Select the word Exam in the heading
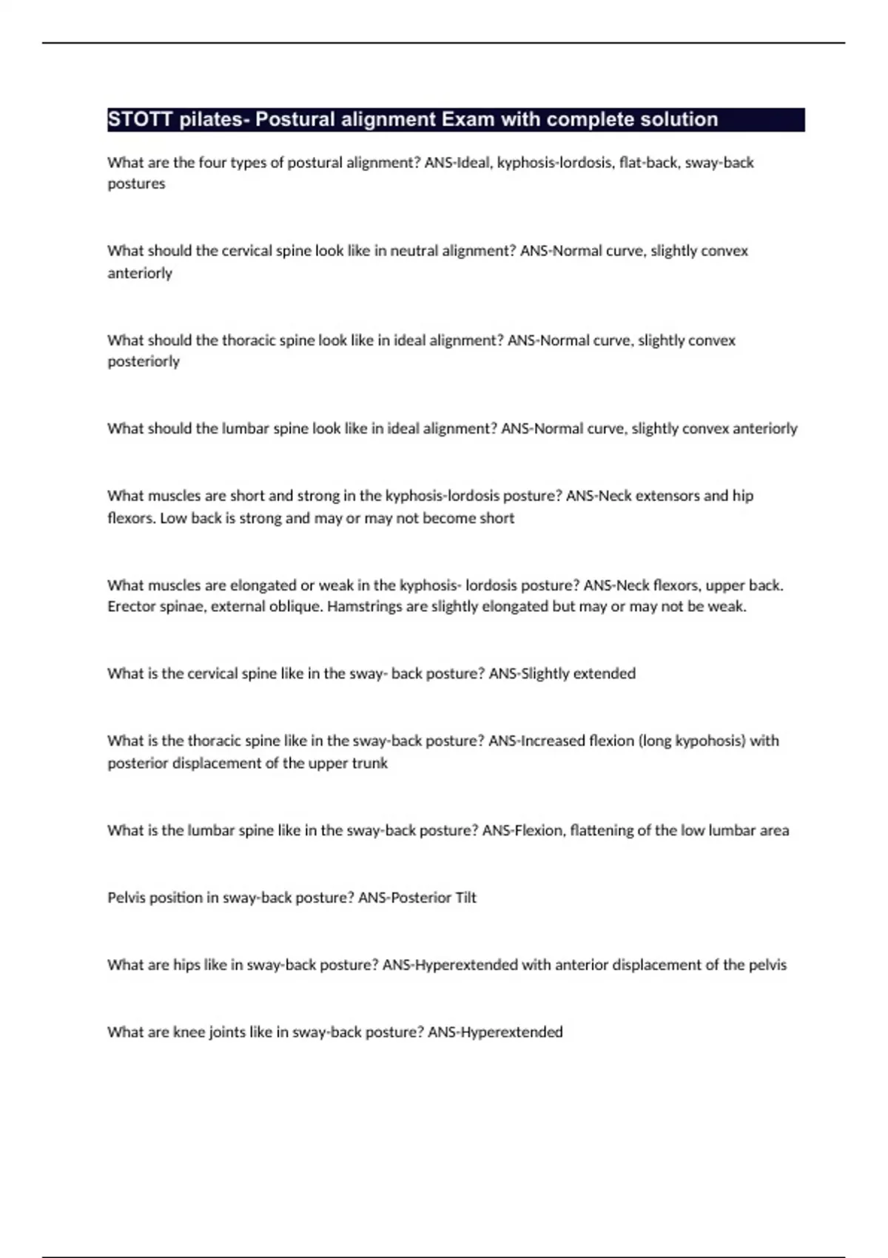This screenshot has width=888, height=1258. (468, 119)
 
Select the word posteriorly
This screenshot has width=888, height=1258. (144, 362)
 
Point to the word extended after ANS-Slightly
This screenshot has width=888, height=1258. (604, 673)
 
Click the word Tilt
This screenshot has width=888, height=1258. (465, 898)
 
